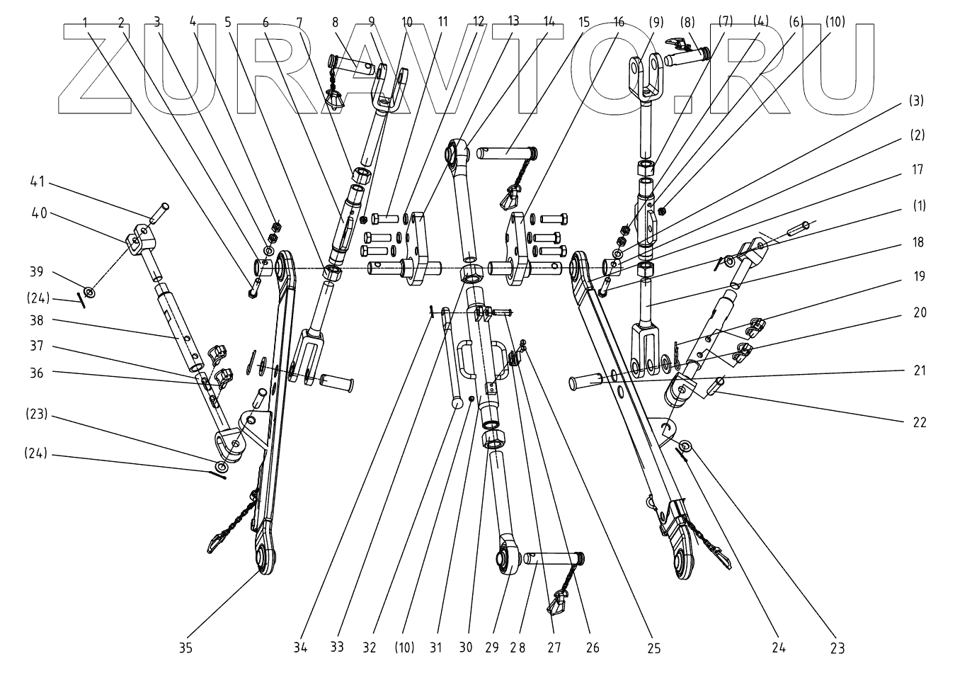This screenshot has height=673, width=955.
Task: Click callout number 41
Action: pos(36,182)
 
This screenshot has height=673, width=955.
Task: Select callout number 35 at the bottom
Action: pos(185,647)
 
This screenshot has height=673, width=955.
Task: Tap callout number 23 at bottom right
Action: pos(837,647)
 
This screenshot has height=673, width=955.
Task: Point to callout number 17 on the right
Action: pos(917,170)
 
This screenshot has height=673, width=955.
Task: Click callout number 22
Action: pos(918,422)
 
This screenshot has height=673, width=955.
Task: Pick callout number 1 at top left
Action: pos(86,22)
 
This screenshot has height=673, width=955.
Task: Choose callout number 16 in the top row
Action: pos(619,22)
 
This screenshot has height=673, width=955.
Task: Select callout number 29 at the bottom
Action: pos(492,647)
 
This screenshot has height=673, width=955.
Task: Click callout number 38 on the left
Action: pos(36,320)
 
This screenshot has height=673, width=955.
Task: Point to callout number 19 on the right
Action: pos(918,276)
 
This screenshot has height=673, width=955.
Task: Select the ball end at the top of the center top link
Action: pos(454,150)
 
